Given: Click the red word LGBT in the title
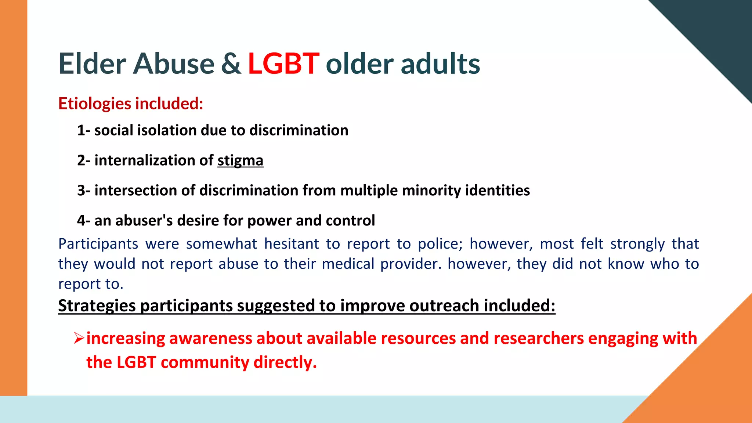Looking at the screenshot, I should (283, 64).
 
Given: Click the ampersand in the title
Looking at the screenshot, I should (231, 64).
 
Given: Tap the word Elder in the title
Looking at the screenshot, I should (93, 64).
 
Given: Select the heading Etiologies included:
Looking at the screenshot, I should (131, 104).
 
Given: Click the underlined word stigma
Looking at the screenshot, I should (240, 161).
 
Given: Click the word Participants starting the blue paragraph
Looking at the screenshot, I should (98, 244).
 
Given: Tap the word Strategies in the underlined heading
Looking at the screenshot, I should (97, 306).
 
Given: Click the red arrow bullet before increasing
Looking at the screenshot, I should (79, 338).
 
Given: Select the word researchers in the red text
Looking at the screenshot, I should (538, 338).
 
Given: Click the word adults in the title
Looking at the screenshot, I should (440, 64).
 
